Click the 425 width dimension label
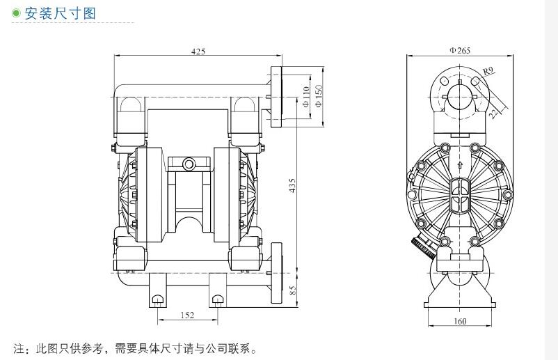[x=198, y=51]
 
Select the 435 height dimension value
[x=293, y=186]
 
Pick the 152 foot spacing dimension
[x=186, y=315]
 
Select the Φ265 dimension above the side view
[x=459, y=50]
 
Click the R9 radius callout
[x=488, y=70]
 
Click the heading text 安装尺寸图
[x=63, y=13]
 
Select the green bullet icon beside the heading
[x=17, y=13]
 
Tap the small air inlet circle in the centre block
[x=189, y=164]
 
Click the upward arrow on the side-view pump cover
[x=459, y=163]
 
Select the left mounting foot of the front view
[x=157, y=299]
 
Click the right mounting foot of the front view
[x=218, y=299]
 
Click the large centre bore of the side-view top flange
[x=459, y=95]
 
